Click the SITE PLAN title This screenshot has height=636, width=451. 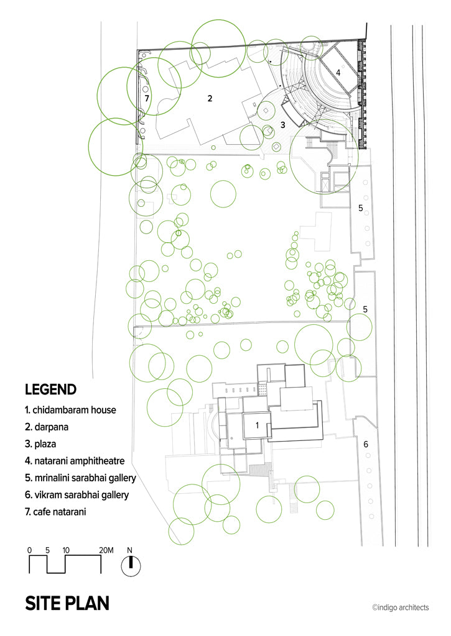[67, 604]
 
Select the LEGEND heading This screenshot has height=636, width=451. [50, 389]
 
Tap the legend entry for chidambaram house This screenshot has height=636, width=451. [70, 410]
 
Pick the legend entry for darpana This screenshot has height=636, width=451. [46, 427]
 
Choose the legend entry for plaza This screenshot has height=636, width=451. [40, 444]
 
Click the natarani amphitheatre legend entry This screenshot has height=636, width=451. [75, 461]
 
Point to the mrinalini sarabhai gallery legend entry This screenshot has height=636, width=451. [80, 478]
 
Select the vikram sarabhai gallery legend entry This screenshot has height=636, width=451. [77, 495]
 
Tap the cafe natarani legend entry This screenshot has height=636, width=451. [55, 512]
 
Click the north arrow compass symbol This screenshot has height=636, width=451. [131, 566]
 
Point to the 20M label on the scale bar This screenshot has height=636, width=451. [106, 550]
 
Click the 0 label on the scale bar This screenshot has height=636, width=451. [29, 550]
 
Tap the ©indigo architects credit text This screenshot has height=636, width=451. [400, 607]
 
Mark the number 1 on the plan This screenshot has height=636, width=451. [257, 425]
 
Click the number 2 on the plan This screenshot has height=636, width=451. [210, 98]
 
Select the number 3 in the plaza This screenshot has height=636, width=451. [283, 124]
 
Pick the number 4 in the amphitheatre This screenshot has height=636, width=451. [338, 73]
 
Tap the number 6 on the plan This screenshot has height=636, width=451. [366, 445]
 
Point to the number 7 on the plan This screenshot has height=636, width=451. [147, 98]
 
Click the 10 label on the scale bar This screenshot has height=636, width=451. [66, 550]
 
